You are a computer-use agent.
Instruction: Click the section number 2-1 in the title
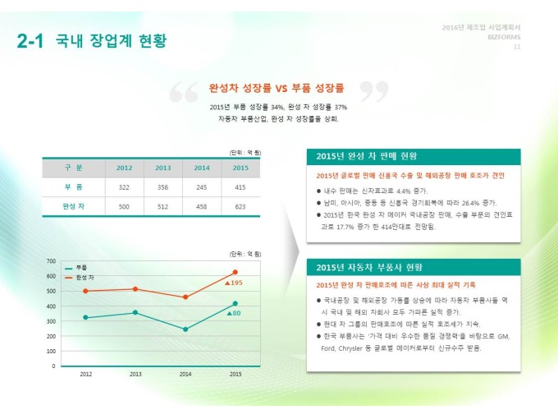[30, 41]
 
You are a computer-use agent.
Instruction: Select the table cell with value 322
[124, 187]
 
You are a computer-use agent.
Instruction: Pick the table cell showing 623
[240, 206]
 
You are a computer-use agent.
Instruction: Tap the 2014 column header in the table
[201, 168]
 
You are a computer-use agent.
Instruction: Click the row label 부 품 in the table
[73, 187]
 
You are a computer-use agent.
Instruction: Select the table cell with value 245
[201, 187]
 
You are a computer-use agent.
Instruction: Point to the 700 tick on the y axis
[51, 260]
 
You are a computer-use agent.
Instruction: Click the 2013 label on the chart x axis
[135, 374]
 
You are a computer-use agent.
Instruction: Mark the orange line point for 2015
[236, 272]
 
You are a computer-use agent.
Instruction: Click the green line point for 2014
[185, 329]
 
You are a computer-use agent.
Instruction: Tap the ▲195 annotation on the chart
[234, 283]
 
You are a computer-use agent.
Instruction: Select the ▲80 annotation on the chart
[233, 313]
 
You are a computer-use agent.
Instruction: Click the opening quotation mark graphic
[184, 93]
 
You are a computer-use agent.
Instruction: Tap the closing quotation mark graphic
[373, 93]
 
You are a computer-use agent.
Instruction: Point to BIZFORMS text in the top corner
[503, 37]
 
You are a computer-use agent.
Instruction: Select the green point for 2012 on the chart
[85, 317]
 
